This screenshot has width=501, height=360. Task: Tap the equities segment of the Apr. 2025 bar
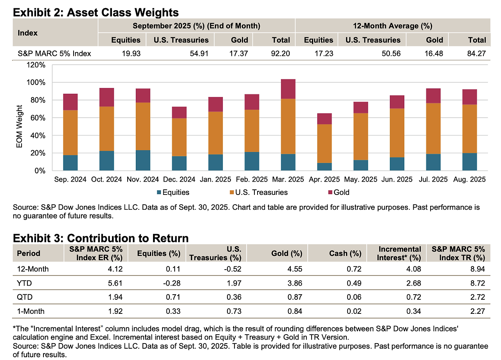pos(324,167)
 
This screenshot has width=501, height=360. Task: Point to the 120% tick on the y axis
pos(36,65)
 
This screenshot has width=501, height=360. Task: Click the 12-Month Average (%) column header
pos(392,26)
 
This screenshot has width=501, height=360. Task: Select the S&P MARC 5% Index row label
pos(54,53)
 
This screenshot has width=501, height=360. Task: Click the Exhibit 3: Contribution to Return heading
pos(101,238)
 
